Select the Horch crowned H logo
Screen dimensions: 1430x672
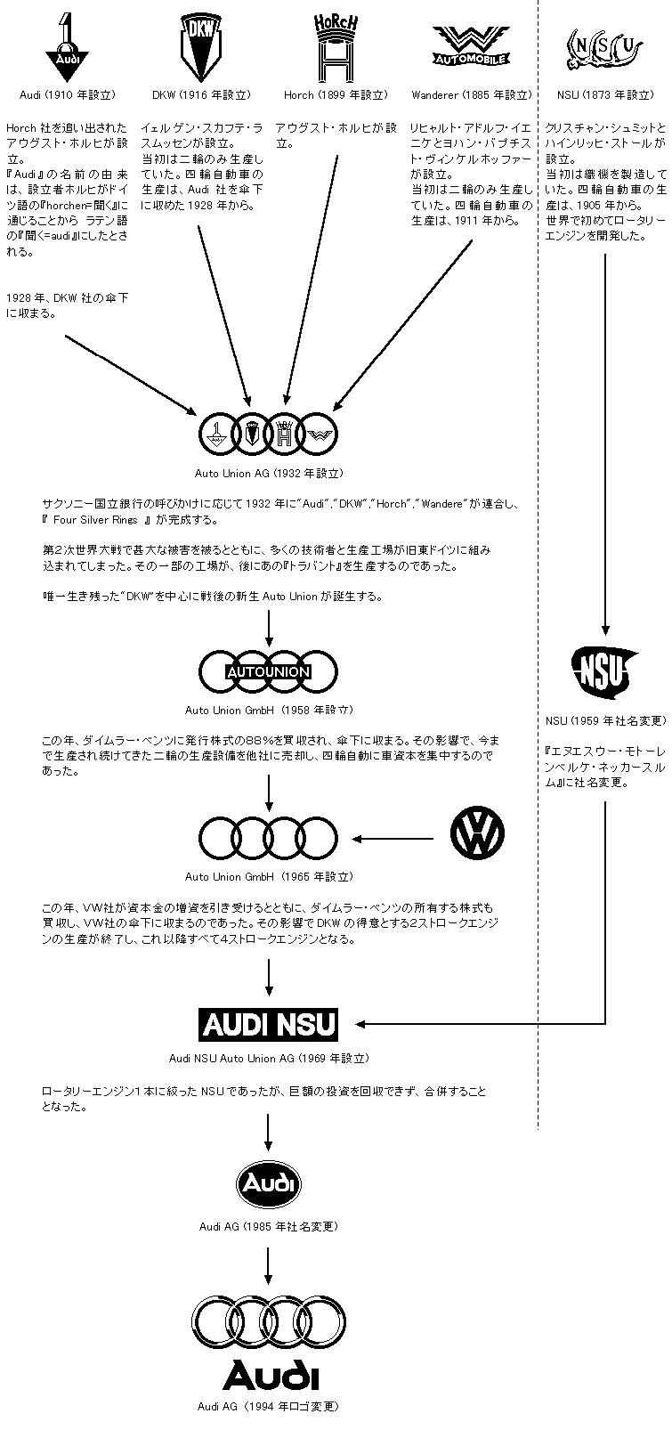(336, 48)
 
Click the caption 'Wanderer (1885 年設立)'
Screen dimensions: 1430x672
(470, 94)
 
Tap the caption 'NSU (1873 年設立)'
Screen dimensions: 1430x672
(604, 94)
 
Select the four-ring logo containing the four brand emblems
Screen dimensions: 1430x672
(269, 434)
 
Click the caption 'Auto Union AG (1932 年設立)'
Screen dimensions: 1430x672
(269, 474)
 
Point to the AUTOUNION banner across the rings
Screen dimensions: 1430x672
(269, 672)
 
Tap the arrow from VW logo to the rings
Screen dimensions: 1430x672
(395, 838)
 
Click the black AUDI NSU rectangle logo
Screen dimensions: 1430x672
(269, 1024)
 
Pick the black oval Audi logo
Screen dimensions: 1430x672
(269, 1183)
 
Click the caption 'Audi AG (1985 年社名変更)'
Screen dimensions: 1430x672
(269, 1226)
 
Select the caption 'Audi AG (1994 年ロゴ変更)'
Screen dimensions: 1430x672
(269, 1407)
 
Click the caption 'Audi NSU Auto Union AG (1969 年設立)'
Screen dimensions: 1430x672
(269, 1059)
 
